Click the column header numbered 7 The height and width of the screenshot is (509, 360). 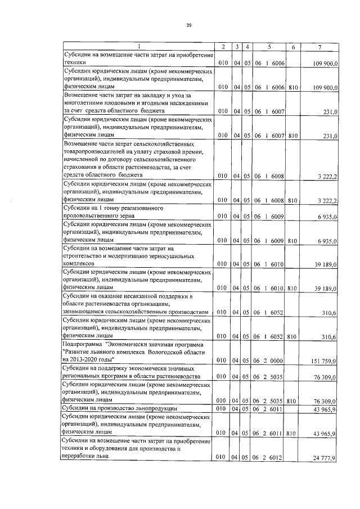point(319,46)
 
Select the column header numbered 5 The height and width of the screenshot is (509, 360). point(269,46)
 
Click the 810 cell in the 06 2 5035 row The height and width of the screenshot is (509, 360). point(292,402)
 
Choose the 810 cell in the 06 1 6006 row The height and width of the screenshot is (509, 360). point(292,88)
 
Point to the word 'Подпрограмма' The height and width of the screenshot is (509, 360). point(85,344)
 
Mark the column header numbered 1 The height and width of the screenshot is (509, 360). point(138,46)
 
